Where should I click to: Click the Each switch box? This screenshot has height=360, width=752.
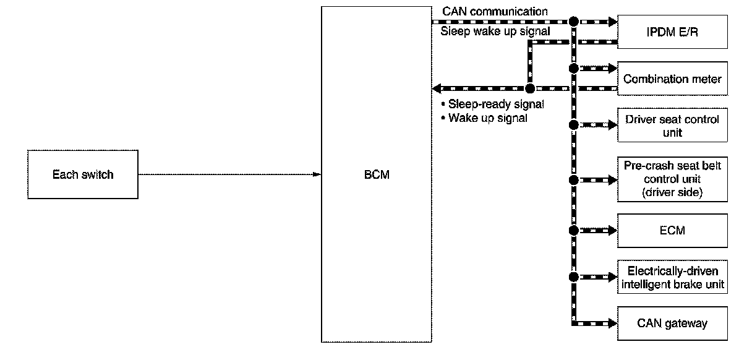coord(83,174)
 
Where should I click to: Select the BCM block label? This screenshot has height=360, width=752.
coord(377,174)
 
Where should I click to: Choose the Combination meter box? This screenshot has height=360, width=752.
coord(673,79)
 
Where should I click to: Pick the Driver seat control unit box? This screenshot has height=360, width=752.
coord(673,125)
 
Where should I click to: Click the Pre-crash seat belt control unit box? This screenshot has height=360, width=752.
coord(673,179)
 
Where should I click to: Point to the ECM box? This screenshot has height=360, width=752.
coord(673,230)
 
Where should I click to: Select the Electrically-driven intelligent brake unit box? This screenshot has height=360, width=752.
coord(673,277)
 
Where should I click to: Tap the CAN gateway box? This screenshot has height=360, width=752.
coord(673,323)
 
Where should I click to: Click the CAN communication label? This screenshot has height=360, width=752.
coord(495,11)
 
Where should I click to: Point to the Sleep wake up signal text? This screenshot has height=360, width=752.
coord(495,31)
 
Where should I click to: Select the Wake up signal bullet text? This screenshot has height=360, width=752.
coord(488,118)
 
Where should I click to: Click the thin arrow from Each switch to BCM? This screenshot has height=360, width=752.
coord(229,174)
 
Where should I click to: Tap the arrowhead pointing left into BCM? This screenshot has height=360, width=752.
coord(437,88)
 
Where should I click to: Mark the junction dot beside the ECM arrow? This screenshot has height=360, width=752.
coord(573,230)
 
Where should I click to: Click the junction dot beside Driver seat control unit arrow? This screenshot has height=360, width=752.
coord(573,125)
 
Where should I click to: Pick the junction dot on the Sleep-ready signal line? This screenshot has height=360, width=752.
coord(529,88)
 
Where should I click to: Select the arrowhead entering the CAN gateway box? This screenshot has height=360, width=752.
coord(612,323)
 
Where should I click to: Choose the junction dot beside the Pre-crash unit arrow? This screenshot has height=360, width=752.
coord(573,180)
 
